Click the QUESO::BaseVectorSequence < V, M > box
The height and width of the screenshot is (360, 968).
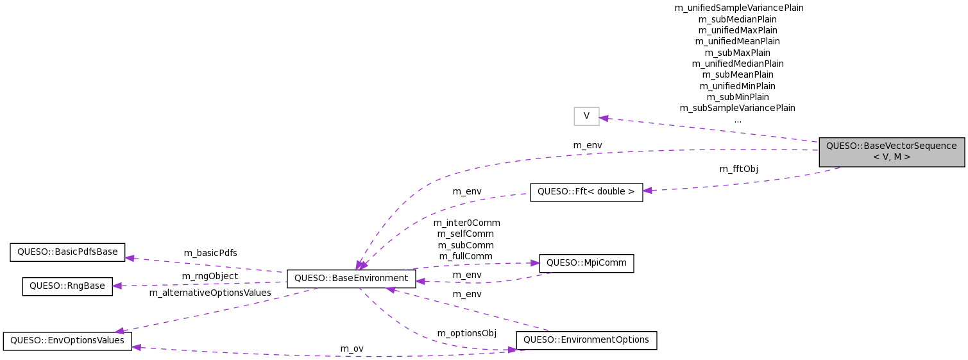click(891, 151)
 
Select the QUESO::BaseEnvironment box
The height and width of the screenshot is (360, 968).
click(351, 279)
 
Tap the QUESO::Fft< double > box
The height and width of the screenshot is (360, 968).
click(586, 192)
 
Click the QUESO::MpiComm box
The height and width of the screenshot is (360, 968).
click(586, 263)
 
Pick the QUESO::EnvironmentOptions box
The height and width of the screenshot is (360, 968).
click(586, 340)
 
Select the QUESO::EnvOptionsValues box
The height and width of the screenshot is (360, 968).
click(67, 341)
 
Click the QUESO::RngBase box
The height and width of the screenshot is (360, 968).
click(67, 286)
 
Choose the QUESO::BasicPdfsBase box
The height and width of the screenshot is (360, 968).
click(67, 252)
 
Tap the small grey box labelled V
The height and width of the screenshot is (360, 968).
click(586, 116)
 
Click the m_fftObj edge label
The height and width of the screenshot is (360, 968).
click(738, 169)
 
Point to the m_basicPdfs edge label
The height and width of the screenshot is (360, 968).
click(210, 253)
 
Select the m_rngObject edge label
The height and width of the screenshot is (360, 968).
click(210, 276)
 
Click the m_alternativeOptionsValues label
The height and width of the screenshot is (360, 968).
click(210, 293)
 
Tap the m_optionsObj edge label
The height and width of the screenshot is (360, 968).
click(466, 333)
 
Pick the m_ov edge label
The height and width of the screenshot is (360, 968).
click(352, 348)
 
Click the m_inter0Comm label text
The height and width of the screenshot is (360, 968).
click(466, 223)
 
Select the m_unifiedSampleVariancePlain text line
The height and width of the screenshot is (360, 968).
click(738, 8)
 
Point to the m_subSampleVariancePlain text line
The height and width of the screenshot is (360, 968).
click(737, 108)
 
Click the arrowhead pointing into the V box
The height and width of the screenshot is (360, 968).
click(604, 117)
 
